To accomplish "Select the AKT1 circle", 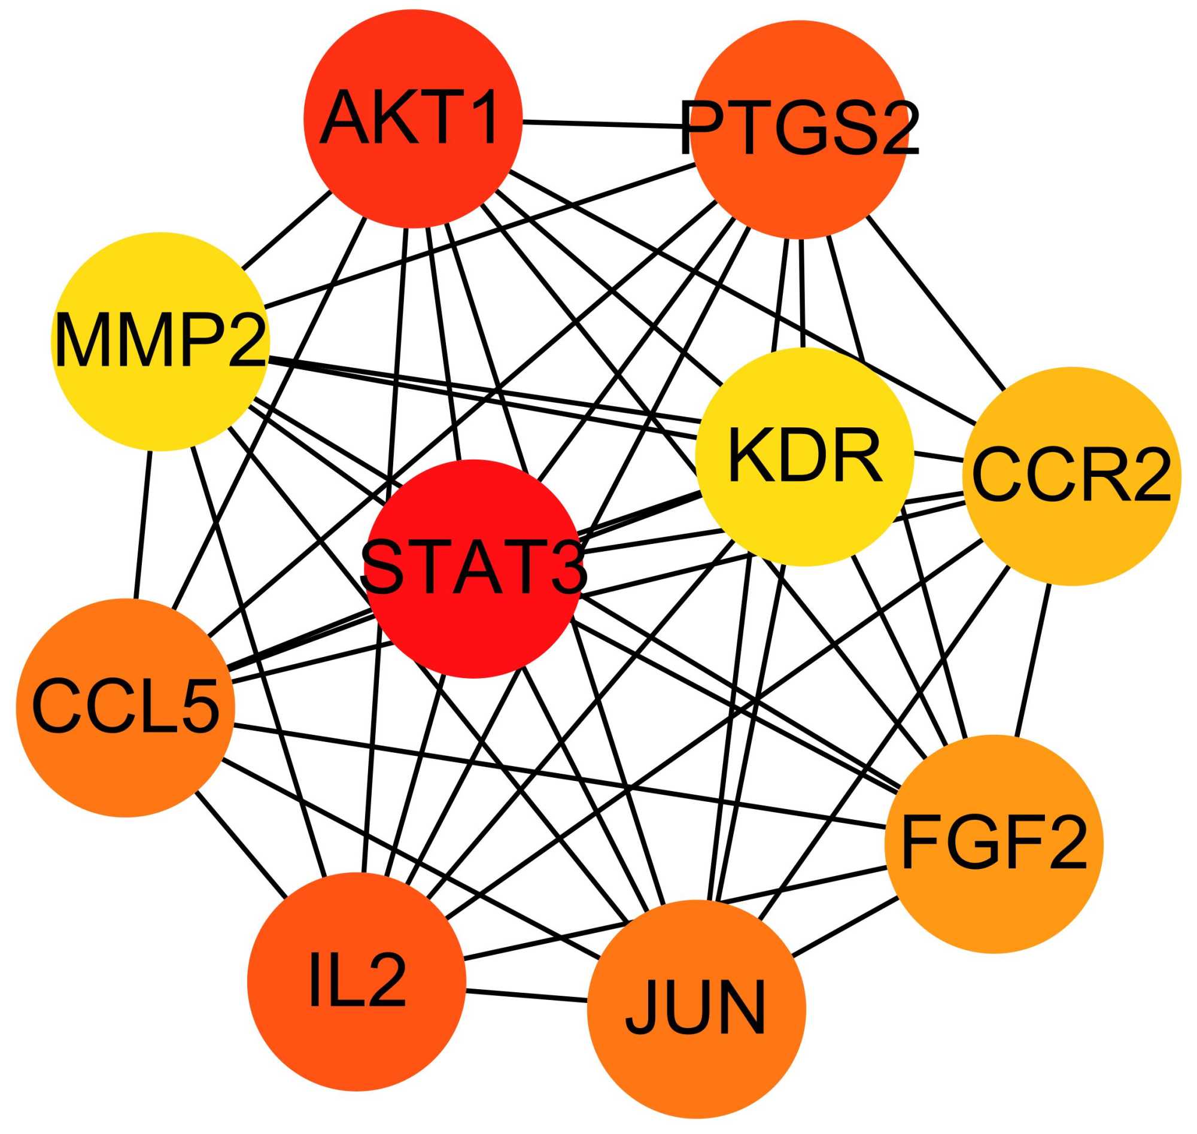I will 413,118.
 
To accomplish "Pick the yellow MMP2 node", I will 160,342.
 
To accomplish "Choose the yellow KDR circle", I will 803,457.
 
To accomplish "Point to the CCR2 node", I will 1071,476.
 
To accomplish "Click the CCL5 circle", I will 125,707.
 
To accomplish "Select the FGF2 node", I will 994,844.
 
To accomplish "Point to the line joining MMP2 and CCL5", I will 144,525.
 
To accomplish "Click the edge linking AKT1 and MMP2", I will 286,230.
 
